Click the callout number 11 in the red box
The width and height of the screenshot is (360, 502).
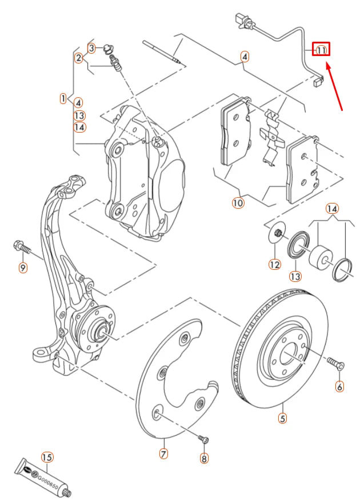tap(321, 50)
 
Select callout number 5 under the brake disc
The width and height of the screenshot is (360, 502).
tap(282, 418)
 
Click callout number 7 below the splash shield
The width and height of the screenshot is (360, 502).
tap(163, 453)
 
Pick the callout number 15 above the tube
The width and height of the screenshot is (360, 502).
tap(47, 457)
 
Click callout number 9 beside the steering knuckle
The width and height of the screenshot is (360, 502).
tap(23, 267)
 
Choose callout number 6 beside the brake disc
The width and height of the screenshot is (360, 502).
tap(339, 387)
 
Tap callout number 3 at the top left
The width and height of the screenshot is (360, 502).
tap(91, 47)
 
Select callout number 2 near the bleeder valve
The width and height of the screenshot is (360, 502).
tap(78, 57)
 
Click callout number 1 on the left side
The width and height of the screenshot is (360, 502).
tap(63, 98)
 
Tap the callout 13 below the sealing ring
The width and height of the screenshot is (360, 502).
tap(295, 277)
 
